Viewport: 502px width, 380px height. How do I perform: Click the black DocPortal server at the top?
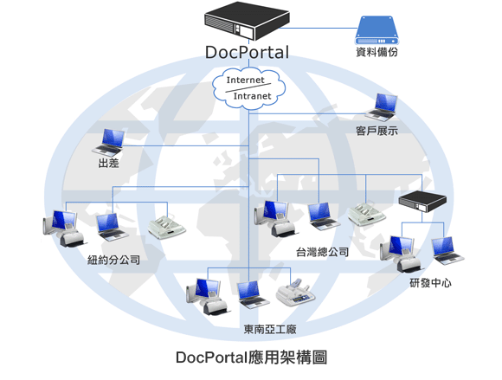(x=247, y=21)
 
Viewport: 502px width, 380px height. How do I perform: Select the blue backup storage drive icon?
(x=376, y=30)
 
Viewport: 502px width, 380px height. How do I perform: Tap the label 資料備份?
(x=376, y=52)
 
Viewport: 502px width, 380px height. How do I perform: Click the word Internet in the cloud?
(x=245, y=80)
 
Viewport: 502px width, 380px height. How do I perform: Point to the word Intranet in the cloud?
(x=252, y=96)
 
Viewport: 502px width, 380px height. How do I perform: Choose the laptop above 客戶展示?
(x=383, y=107)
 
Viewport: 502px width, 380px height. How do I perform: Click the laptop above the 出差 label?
(x=109, y=143)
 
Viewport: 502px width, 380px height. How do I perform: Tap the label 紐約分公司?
(x=113, y=260)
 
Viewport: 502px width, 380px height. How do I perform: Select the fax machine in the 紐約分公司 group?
(x=166, y=228)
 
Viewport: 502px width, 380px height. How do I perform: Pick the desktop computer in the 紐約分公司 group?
(x=63, y=229)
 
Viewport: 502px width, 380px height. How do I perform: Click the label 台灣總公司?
(x=322, y=252)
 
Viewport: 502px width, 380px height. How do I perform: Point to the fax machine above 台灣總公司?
(x=367, y=214)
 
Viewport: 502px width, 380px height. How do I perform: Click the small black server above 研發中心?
(x=422, y=201)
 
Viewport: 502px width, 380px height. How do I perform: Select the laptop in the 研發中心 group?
(x=447, y=251)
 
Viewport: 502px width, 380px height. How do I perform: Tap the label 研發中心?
(x=431, y=283)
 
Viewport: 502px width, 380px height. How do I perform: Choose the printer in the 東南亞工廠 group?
(x=295, y=293)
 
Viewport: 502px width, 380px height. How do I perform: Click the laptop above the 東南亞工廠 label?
(x=253, y=294)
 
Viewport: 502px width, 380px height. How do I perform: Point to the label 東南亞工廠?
(x=270, y=329)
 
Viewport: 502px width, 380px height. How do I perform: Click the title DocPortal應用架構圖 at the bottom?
(x=252, y=357)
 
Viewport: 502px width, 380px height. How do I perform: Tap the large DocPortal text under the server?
(x=247, y=53)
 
